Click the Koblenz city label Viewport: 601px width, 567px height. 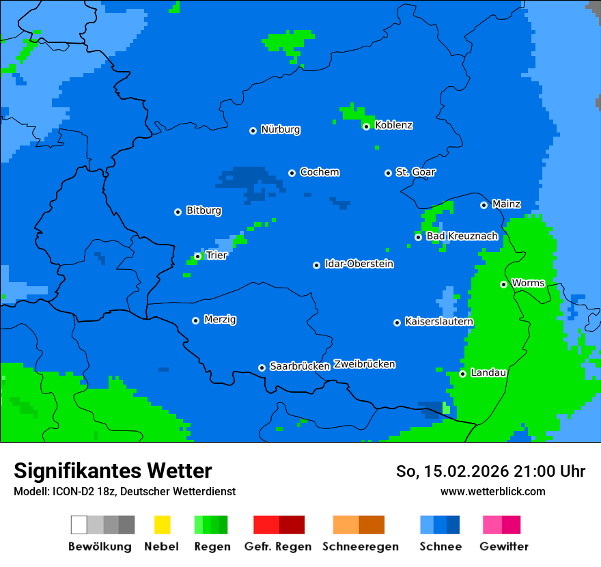point(393,125)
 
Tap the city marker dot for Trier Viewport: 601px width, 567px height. point(197,256)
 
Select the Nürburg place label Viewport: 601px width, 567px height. point(280,129)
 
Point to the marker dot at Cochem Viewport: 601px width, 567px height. point(292,173)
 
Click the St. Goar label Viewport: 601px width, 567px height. point(415,172)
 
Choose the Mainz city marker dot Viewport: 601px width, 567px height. point(484,205)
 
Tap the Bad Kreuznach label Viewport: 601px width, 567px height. point(462,236)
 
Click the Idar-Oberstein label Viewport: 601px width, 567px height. point(359,264)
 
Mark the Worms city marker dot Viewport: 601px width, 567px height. point(503,284)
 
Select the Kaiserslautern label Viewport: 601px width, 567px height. point(438,321)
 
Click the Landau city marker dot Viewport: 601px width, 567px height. point(462,374)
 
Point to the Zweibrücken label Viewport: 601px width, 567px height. point(364,364)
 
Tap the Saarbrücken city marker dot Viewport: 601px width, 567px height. point(262,368)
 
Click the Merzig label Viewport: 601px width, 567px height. point(220,319)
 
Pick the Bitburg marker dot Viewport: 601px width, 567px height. point(178,212)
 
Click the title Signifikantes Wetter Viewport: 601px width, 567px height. point(113,471)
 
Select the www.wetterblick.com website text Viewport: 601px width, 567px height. point(492,491)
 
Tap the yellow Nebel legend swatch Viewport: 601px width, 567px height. point(162,525)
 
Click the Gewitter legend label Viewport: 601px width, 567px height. point(503,547)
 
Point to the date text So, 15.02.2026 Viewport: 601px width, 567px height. point(457,471)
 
